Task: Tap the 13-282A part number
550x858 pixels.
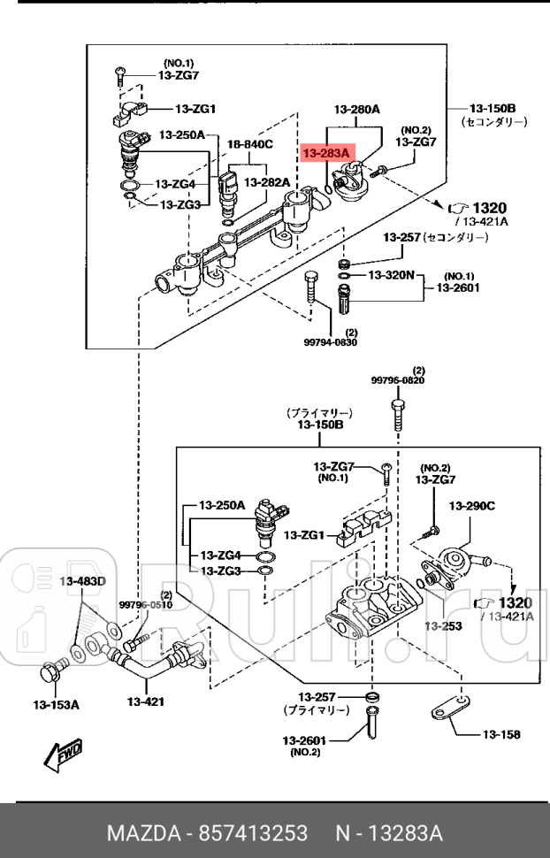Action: (x=267, y=182)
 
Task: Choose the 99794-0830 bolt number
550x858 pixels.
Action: (x=340, y=342)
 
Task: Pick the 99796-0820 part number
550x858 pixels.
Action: (x=397, y=380)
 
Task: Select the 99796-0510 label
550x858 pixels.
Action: (x=145, y=605)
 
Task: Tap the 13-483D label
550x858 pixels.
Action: (x=82, y=581)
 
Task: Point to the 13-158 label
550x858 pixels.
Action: (x=500, y=734)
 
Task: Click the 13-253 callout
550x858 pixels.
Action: (x=442, y=626)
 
